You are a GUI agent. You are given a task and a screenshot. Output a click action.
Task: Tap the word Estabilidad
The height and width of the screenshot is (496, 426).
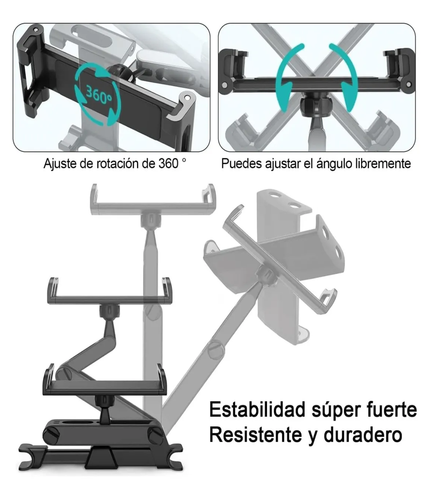257,410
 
